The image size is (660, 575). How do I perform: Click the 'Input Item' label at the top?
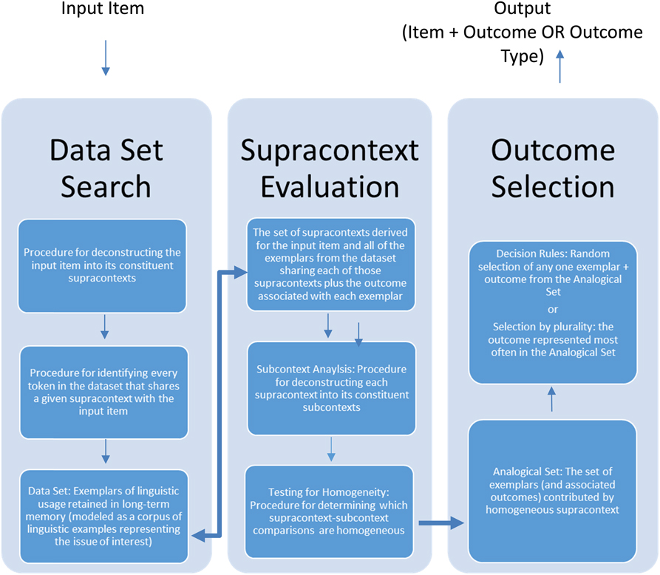(103, 10)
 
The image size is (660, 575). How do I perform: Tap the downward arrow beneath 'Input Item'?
(105, 58)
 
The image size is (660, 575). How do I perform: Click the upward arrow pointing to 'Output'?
(559, 66)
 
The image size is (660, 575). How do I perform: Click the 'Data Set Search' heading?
(106, 168)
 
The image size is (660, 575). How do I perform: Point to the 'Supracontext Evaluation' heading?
(330, 168)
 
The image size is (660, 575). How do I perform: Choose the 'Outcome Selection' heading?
(553, 168)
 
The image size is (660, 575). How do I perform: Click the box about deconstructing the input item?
(103, 265)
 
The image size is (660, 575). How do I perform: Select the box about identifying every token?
(103, 391)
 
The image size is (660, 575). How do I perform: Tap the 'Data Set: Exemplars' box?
(103, 516)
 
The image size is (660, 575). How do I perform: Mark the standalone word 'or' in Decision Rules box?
(553, 309)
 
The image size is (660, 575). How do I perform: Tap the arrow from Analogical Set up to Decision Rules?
(551, 401)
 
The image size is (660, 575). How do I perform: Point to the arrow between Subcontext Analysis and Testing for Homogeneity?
(330, 447)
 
